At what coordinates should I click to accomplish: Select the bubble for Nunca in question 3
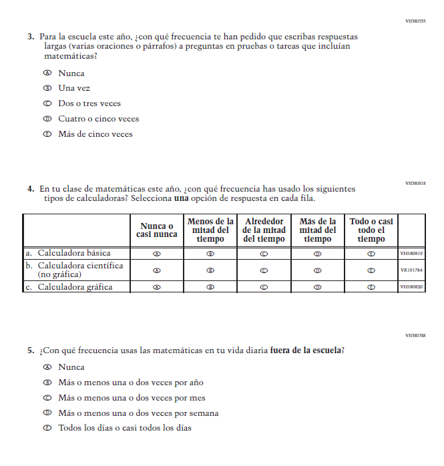tap(47, 73)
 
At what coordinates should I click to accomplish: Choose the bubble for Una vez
tap(47, 88)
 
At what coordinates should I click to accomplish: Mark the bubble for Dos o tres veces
tap(47, 103)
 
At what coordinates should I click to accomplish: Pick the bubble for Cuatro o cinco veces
tap(47, 119)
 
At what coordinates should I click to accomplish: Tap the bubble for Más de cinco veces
tap(47, 134)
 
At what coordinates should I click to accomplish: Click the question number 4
tap(31, 189)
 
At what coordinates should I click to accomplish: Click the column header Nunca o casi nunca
tap(158, 230)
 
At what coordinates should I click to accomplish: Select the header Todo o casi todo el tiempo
tap(371, 230)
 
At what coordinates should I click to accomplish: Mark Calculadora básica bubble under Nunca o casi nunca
tap(158, 254)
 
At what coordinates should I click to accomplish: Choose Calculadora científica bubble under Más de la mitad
tap(318, 270)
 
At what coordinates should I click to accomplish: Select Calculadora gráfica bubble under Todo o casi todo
tap(371, 287)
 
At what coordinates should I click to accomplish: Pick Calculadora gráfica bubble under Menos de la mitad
tap(210, 287)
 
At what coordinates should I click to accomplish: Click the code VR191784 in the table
tap(411, 270)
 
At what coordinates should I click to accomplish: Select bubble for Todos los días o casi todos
tap(47, 428)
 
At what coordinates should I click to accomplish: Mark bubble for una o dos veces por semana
tap(47, 413)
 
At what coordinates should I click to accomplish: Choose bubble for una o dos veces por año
tap(47, 383)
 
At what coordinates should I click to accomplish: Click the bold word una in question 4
tap(182, 199)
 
